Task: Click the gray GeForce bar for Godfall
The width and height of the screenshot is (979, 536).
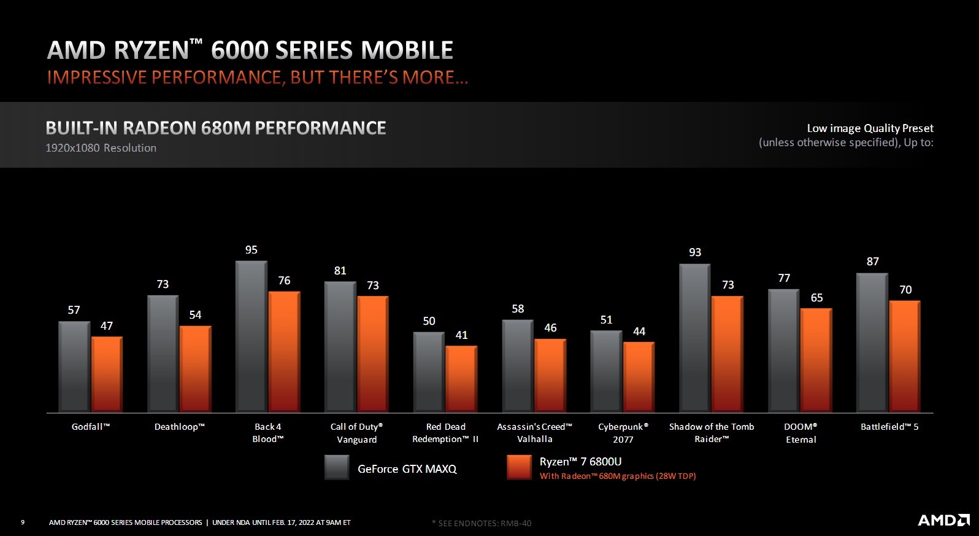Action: [74, 367]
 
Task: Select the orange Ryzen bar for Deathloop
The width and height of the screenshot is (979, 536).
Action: [195, 368]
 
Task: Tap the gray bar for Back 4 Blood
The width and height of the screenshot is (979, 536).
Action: [251, 336]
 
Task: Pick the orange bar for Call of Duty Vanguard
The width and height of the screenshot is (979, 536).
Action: [372, 354]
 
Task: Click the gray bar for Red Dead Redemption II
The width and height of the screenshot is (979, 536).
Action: [429, 372]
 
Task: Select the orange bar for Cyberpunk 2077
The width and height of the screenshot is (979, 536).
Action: [639, 376]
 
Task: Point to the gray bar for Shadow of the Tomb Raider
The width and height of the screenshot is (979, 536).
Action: [695, 338]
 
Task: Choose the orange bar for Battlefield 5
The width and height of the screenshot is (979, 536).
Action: [905, 356]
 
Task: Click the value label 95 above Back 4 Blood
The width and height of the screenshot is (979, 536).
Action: [251, 250]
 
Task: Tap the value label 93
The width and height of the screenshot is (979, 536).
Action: [695, 252]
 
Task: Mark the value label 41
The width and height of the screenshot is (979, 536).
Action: [462, 335]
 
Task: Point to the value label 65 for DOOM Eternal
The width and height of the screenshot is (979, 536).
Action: [816, 298]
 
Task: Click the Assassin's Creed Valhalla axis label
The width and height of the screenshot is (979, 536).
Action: [534, 433]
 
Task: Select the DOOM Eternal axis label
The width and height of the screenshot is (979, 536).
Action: [800, 433]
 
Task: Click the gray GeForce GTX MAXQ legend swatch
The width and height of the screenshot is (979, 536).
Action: [337, 467]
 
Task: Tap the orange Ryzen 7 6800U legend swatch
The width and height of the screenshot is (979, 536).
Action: [519, 467]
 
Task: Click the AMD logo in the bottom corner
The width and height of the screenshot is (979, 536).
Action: [943, 520]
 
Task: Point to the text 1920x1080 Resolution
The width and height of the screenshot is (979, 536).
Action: [101, 148]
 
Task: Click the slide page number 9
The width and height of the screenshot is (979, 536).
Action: [23, 522]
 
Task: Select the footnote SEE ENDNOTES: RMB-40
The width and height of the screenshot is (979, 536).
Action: [482, 523]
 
